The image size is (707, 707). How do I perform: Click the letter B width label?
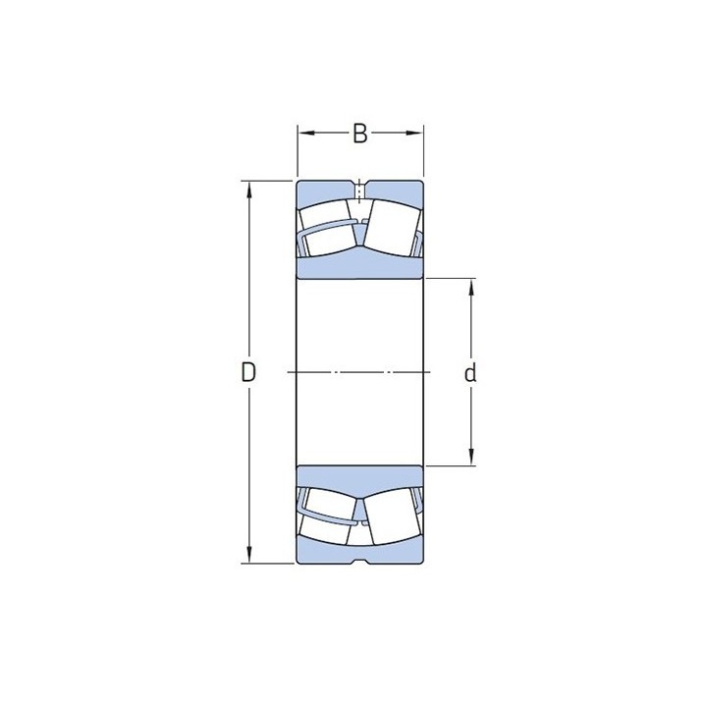tap(359, 134)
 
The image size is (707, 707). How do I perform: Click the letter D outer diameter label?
tap(248, 372)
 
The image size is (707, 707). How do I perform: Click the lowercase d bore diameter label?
tap(470, 373)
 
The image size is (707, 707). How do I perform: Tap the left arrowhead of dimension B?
tap(306, 133)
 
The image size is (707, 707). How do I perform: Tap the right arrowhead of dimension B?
tap(414, 133)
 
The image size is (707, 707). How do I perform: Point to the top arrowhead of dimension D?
tap(248, 190)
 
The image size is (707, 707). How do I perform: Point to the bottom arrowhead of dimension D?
tap(248, 555)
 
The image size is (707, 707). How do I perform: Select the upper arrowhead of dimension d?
tap(471, 288)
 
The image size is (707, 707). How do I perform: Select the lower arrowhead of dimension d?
tap(471, 457)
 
